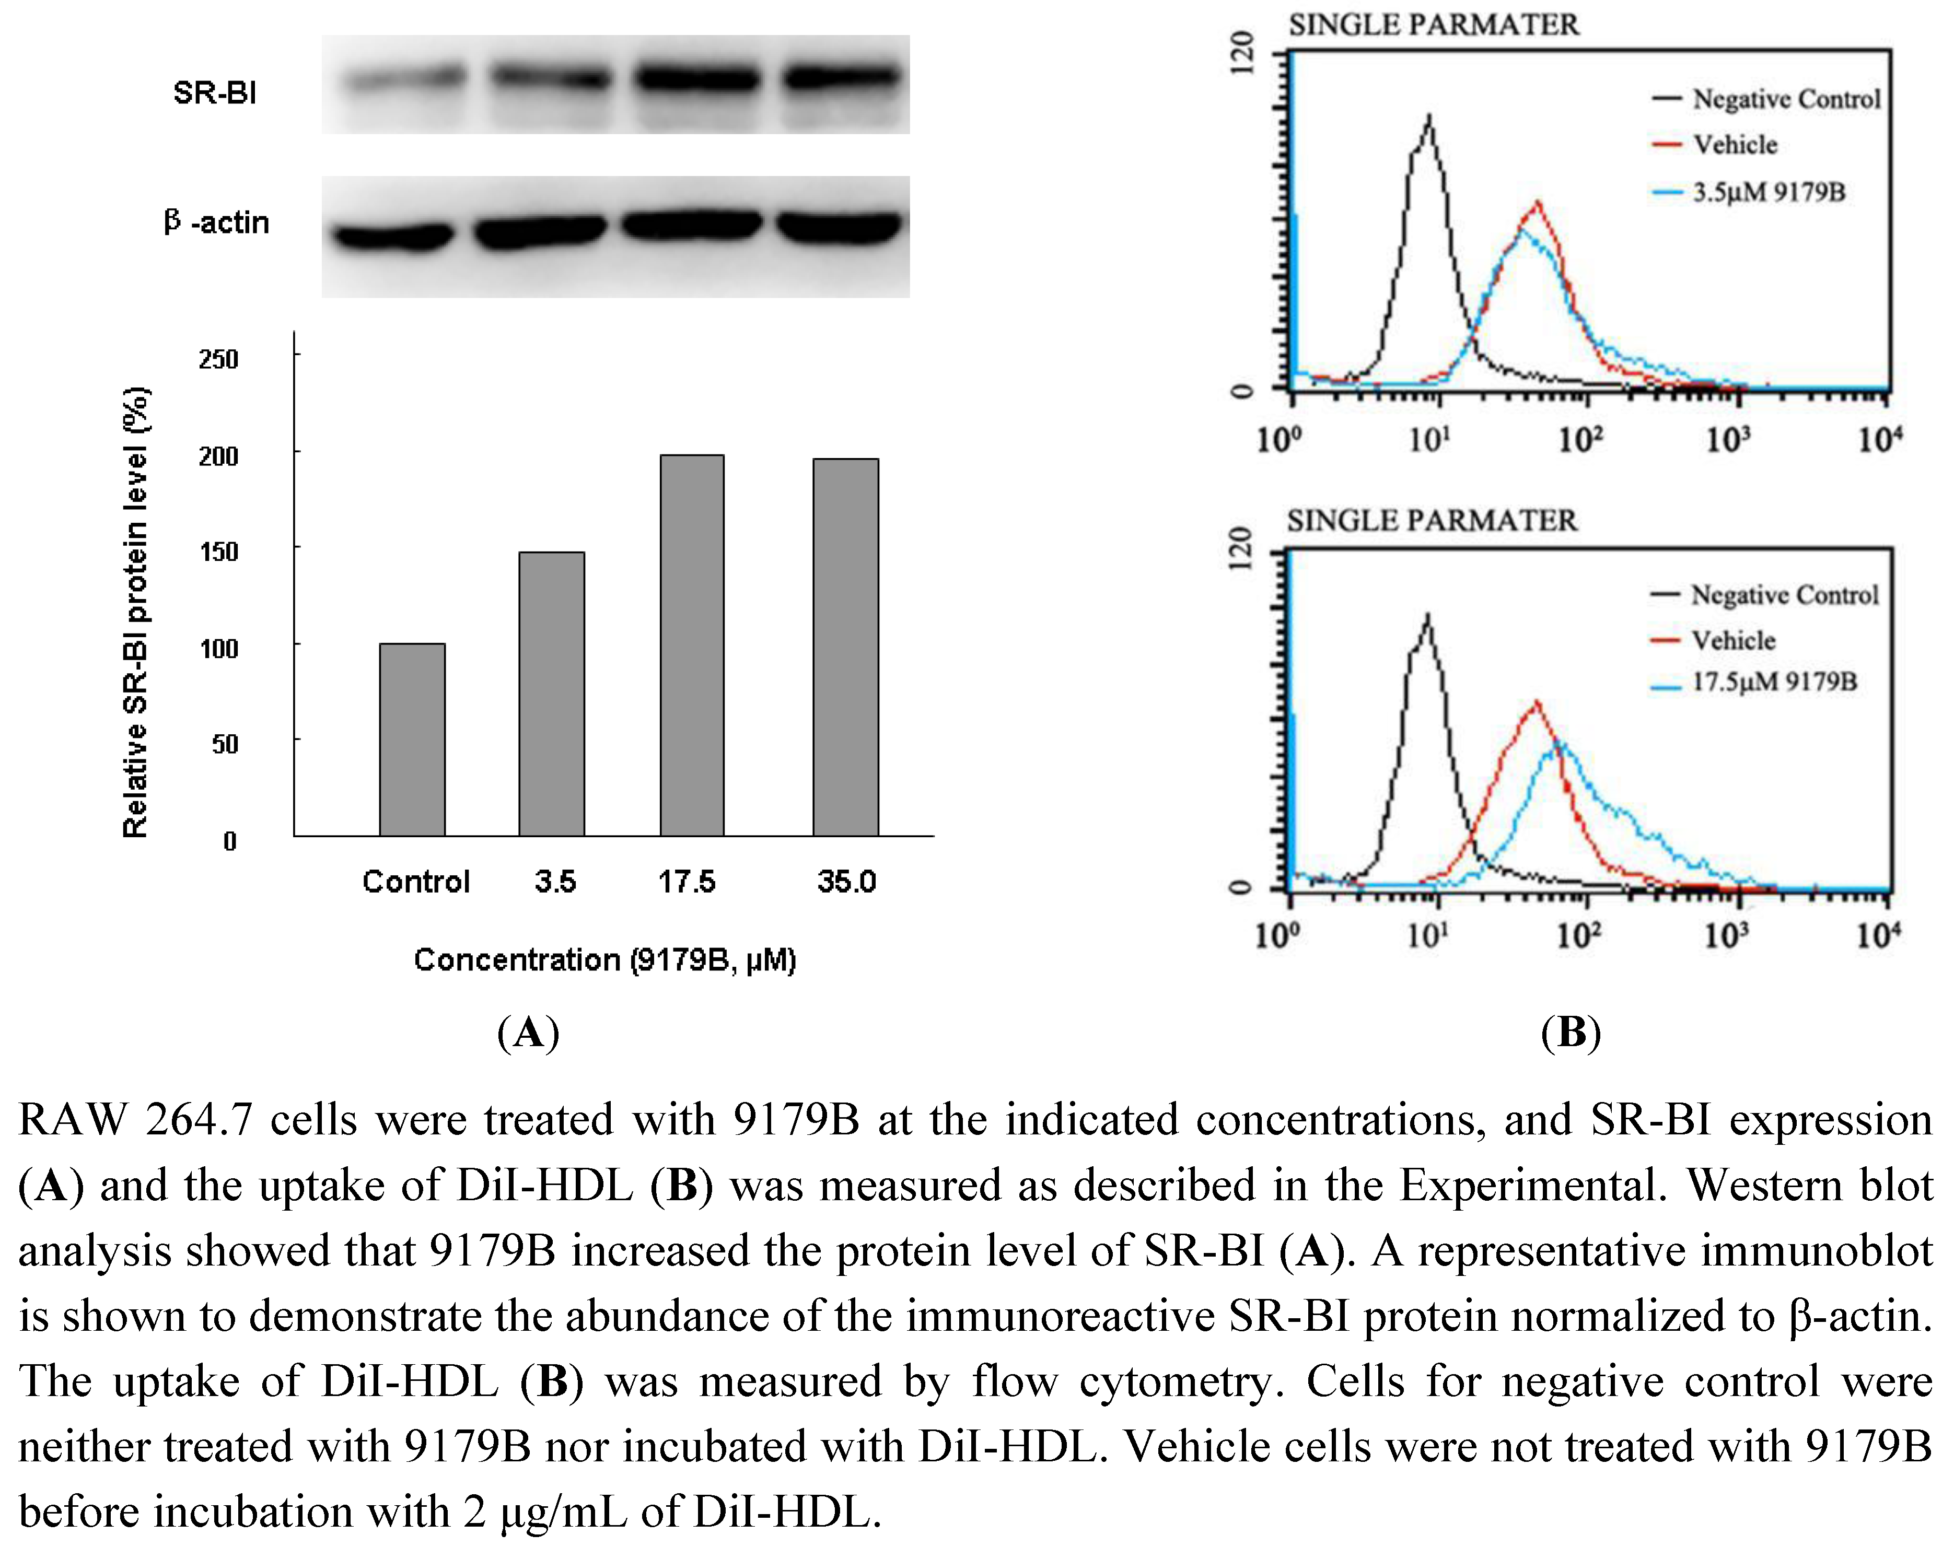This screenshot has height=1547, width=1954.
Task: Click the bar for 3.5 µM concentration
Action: pos(552,694)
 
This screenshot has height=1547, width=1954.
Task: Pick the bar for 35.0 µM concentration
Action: pos(846,647)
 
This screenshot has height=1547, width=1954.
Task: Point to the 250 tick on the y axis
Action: pos(218,359)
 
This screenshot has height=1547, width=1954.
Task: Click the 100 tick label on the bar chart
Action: pos(218,649)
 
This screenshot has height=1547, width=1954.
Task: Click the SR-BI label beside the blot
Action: pos(215,92)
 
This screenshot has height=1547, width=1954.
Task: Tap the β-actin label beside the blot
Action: pos(216,222)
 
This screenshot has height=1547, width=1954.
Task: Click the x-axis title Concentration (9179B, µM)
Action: pos(604,959)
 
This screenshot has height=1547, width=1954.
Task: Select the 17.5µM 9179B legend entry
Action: pos(1773,681)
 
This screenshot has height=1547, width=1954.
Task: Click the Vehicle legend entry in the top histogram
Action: pos(1734,144)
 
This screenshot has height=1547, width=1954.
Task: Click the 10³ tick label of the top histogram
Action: pos(1728,439)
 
